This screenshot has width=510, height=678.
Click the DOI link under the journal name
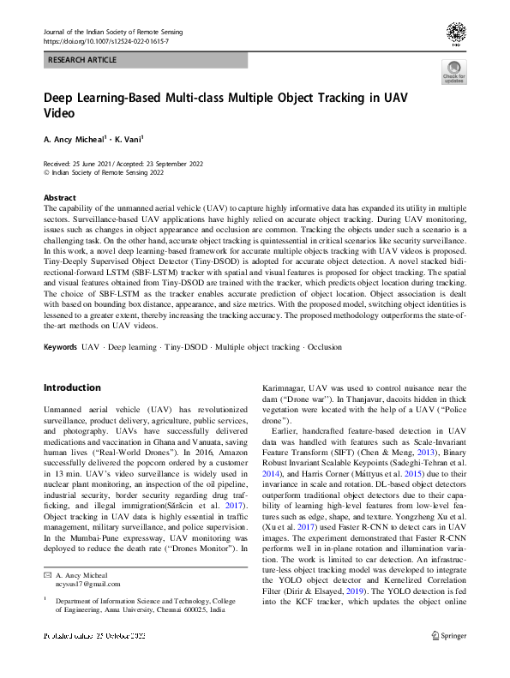pyautogui.click(x=105, y=41)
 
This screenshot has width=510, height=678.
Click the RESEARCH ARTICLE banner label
pyautogui.click(x=82, y=62)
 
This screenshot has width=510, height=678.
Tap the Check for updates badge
pyautogui.click(x=453, y=72)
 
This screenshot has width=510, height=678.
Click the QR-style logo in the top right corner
pyautogui.click(x=456, y=33)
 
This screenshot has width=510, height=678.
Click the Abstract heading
pyautogui.click(x=60, y=197)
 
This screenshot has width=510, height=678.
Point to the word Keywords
pyautogui.click(x=60, y=348)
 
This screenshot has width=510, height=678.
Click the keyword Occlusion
pyautogui.click(x=323, y=348)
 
